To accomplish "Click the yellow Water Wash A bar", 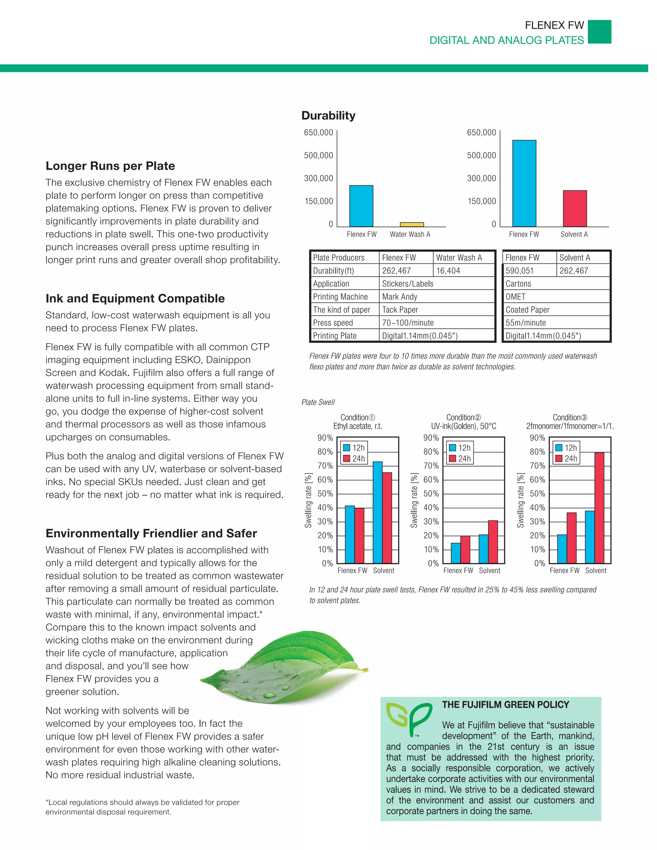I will tap(412, 225).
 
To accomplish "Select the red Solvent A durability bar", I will tap(575, 208).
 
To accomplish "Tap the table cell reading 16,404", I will tap(463, 270).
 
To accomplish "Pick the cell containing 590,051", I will tap(529, 270).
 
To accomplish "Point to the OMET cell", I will tap(556, 297).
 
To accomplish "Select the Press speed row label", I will tap(345, 323).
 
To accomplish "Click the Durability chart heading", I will tap(328, 115).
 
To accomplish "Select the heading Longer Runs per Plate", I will tap(110, 166).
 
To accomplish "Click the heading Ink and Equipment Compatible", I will tap(135, 299).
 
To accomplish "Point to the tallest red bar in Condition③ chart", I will tap(599, 507).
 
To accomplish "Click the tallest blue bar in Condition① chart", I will tap(378, 512).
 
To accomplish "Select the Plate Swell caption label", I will tap(318, 402).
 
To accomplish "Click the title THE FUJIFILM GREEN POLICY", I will tap(505, 705).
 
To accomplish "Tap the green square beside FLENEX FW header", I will tap(599, 32).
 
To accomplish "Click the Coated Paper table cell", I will tap(556, 310).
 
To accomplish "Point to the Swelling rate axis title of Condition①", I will tap(308, 500).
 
